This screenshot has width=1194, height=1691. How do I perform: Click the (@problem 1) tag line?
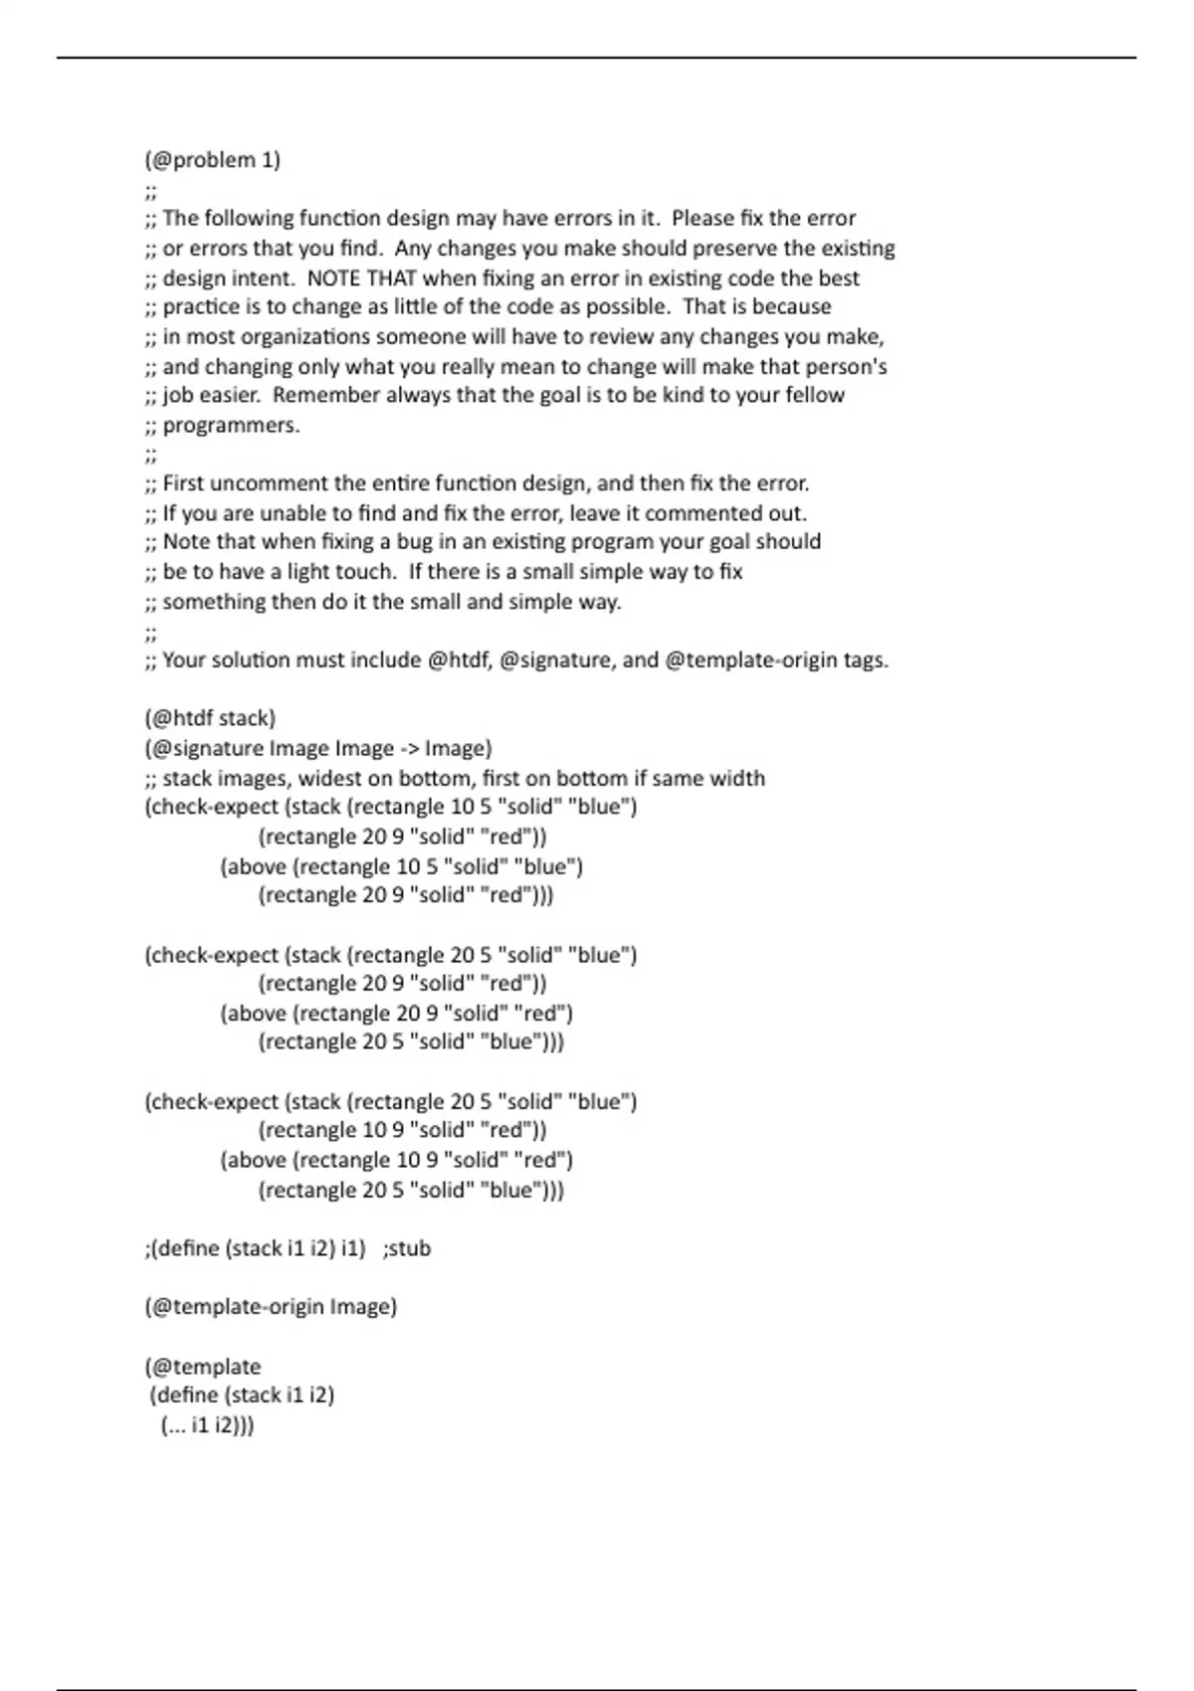212,160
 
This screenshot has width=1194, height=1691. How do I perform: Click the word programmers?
231,426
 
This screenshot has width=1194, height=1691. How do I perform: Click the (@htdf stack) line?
210,718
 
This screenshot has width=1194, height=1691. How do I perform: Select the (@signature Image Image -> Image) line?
318,748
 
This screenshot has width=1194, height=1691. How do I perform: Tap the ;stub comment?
406,1248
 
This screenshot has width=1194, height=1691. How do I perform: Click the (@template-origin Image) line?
271,1306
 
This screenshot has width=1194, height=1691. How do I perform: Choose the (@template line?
203,1366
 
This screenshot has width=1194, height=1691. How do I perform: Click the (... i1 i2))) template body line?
207,1424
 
